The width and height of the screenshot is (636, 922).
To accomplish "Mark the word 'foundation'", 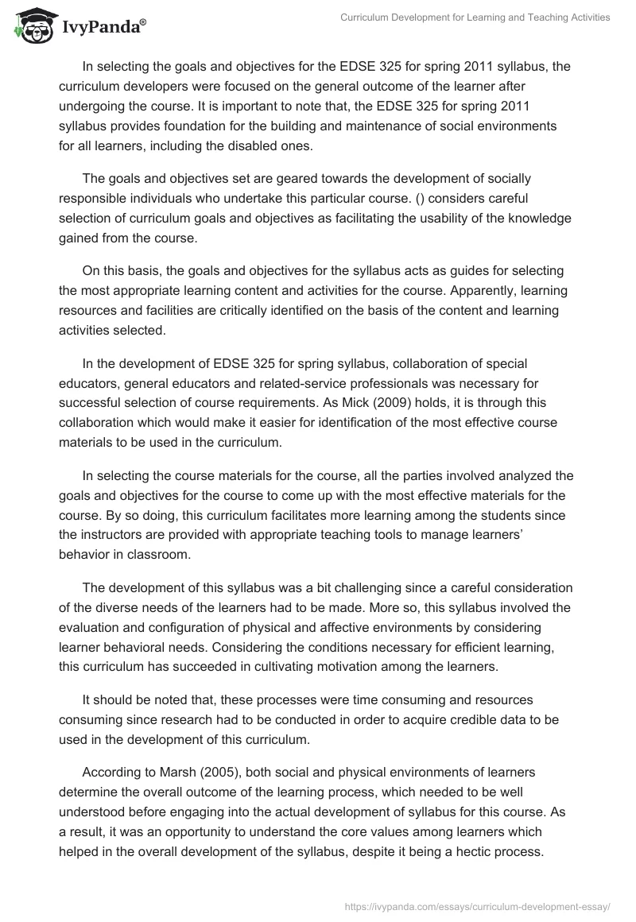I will pos(220,126).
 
